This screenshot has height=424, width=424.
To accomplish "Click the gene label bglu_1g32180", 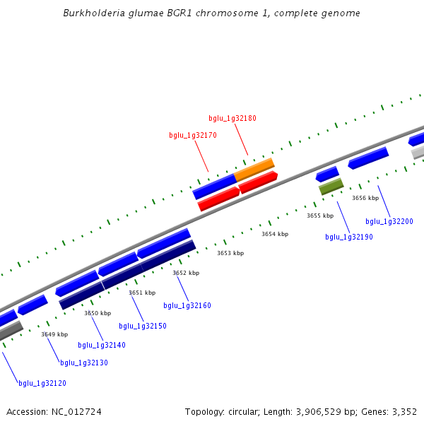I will coord(232,118).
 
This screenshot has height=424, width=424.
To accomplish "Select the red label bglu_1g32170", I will coord(193,135).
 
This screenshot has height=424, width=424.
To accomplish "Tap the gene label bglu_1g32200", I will coord(389,221).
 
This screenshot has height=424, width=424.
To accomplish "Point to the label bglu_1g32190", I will coord(349,237).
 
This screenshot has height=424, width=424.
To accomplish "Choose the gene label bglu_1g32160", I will coord(187,305).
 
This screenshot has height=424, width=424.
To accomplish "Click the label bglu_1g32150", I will coord(143,326).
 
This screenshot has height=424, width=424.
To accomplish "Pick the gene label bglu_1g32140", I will coord(102,345).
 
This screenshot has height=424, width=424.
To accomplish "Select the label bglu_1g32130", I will coord(84,363).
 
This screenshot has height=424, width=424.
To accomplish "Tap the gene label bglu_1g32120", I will coord(42,383).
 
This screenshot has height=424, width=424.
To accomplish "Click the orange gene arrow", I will coord(254,169).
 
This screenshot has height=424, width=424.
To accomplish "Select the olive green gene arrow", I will coord(331,187).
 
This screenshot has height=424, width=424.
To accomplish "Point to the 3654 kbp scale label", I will coord(275,234).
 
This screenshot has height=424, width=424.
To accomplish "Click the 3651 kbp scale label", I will coord(141,293).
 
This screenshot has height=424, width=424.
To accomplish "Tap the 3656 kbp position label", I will coord(365,199).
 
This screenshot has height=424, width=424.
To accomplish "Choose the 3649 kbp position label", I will coord(54,334).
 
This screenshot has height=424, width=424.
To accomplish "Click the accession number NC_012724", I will coord(77,411).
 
